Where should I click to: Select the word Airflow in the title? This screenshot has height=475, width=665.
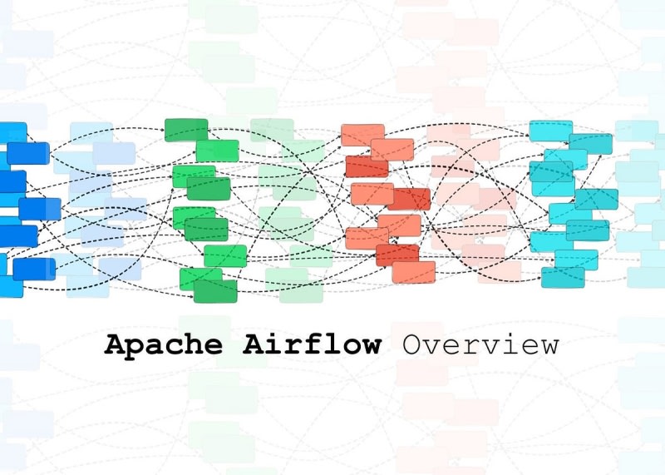click(312, 344)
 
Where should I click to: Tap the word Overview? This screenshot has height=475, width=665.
click(480, 344)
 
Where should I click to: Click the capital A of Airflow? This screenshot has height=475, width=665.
click(254, 344)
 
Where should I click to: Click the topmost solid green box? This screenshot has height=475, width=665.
click(186, 130)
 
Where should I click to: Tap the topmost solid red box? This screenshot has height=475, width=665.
click(362, 135)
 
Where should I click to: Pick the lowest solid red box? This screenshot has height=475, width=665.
click(414, 272)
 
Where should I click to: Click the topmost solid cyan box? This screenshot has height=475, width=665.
click(551, 131)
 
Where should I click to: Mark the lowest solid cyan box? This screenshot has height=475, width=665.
click(563, 277)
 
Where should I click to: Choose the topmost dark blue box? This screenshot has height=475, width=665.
click(12, 132)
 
